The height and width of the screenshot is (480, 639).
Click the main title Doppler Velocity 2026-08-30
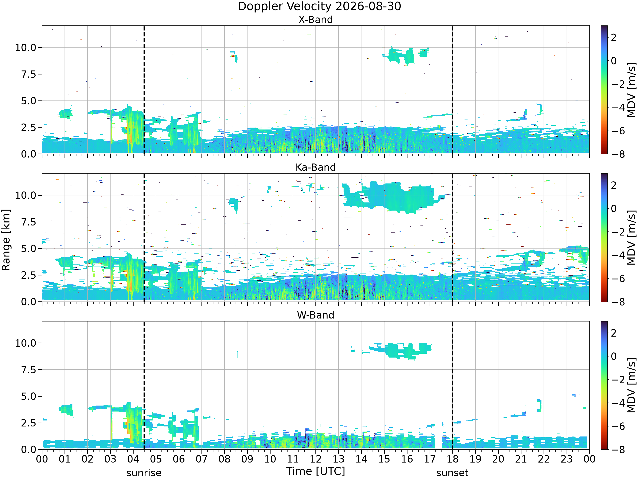point(319,6)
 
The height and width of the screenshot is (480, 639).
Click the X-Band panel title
point(315,20)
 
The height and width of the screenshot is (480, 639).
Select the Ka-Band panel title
point(315,167)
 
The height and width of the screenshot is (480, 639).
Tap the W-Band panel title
point(315,315)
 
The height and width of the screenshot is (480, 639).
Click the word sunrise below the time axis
point(144,473)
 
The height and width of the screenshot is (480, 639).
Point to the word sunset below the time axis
point(452,473)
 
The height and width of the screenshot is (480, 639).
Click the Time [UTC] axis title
point(315,471)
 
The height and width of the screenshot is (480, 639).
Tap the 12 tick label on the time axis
point(315,459)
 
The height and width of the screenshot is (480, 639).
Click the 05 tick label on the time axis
point(156,459)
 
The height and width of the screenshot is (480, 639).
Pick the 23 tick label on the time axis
point(567,459)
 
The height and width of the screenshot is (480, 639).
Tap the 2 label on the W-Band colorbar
point(614,333)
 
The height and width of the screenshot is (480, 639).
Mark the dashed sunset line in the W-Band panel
point(452,385)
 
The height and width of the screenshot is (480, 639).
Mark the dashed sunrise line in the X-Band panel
point(144,90)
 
